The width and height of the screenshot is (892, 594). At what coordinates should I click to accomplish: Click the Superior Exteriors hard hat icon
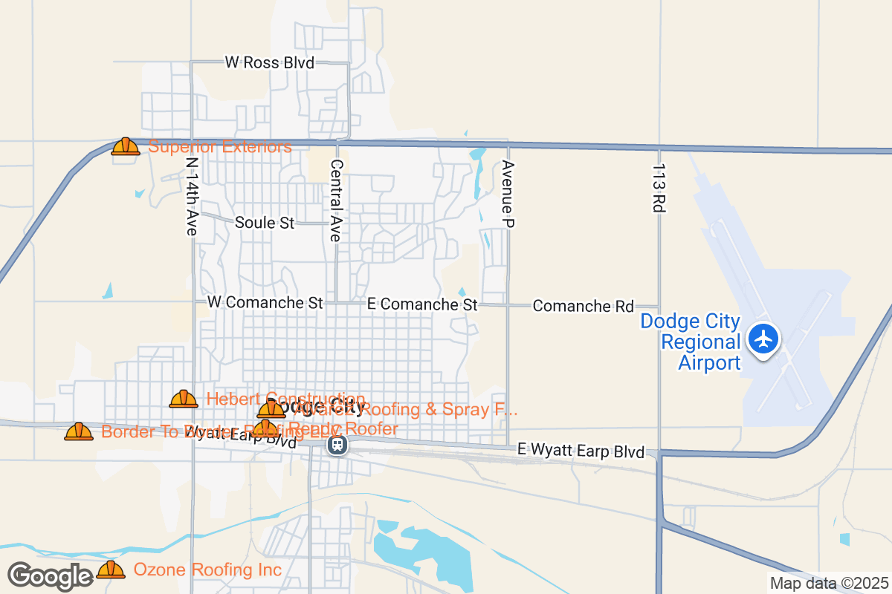click(126, 146)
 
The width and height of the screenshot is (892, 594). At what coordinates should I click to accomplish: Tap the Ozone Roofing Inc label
click(207, 570)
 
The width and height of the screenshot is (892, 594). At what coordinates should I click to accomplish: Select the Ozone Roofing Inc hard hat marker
click(111, 570)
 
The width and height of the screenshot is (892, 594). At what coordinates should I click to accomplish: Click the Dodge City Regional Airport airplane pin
click(763, 339)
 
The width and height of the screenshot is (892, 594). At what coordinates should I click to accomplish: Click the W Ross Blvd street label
click(269, 63)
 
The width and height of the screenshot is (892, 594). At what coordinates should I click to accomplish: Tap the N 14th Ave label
click(192, 197)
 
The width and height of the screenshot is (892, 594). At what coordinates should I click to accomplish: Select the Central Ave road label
click(336, 200)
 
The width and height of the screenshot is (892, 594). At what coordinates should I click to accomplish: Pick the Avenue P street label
click(508, 193)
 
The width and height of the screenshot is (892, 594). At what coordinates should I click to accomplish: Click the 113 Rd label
click(658, 189)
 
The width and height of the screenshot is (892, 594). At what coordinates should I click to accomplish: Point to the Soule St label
click(265, 223)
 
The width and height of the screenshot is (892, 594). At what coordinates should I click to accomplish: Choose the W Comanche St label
click(265, 303)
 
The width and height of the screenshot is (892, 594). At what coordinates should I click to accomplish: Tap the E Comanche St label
click(422, 304)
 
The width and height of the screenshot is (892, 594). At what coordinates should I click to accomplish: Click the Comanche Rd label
click(584, 306)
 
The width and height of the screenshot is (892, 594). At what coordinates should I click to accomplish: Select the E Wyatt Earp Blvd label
click(581, 451)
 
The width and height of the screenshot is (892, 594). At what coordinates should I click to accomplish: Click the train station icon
click(337, 445)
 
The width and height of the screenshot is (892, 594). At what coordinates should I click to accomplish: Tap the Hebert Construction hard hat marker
click(184, 399)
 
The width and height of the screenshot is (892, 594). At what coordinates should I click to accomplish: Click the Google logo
click(50, 576)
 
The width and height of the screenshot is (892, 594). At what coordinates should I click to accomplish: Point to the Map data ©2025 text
click(828, 583)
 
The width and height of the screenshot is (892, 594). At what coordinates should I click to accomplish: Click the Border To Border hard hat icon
click(79, 431)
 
